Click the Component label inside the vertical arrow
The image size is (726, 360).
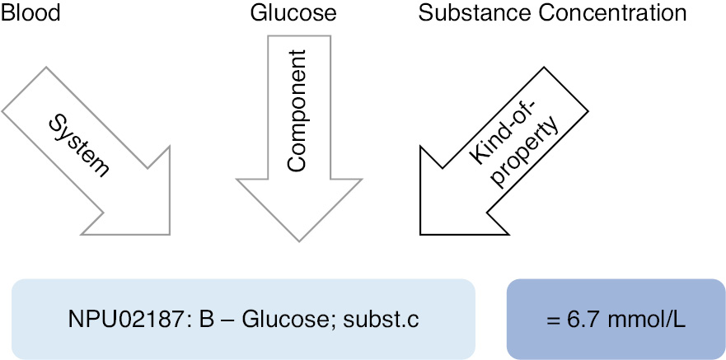tap(297, 110)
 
